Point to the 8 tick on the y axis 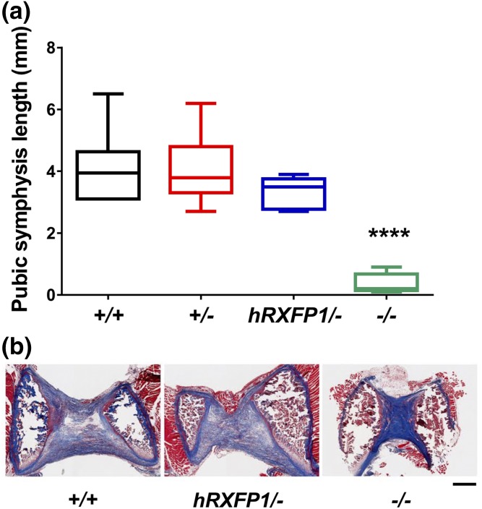click(51, 48)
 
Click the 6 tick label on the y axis click(51, 110)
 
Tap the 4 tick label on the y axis click(51, 172)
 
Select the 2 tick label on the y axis click(51, 234)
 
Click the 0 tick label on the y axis click(51, 295)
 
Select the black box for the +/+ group click(108, 174)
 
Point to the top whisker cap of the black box click(108, 93)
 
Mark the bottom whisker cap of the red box click(200, 211)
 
